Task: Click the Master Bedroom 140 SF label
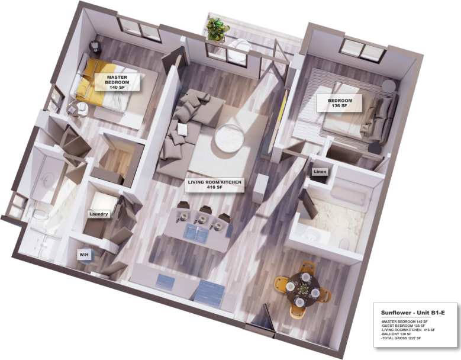(117, 82)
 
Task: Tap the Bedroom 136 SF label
(340, 104)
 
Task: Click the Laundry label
(98, 214)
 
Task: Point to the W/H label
(84, 255)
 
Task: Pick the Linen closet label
(320, 172)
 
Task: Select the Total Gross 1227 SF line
(402, 338)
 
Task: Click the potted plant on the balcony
(217, 28)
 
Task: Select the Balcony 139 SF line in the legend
(397, 334)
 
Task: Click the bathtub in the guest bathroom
(349, 195)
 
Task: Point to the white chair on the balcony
(239, 49)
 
